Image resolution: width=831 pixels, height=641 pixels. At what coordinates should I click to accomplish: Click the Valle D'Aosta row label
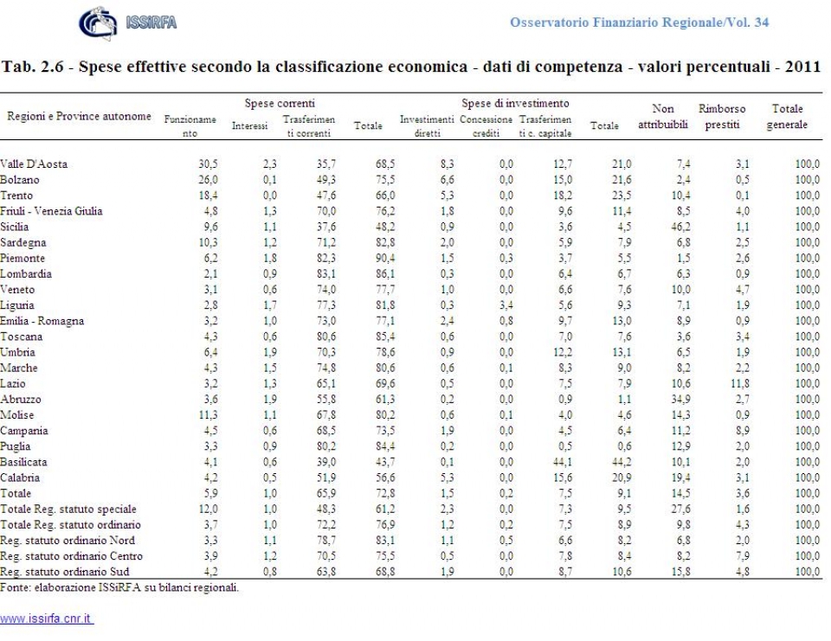(35, 163)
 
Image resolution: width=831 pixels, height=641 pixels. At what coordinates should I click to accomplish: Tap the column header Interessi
(249, 126)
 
